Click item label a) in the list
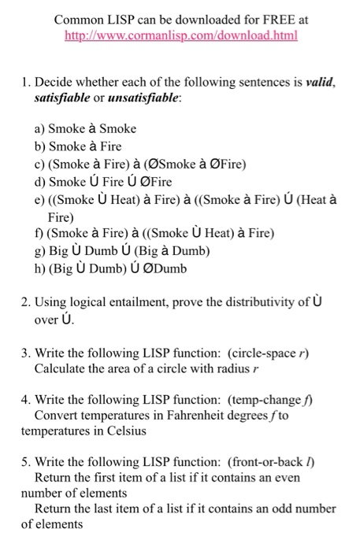point(39,128)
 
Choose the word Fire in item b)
point(111,146)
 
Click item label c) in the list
point(39,165)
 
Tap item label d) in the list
point(39,183)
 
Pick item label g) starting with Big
point(39,252)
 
